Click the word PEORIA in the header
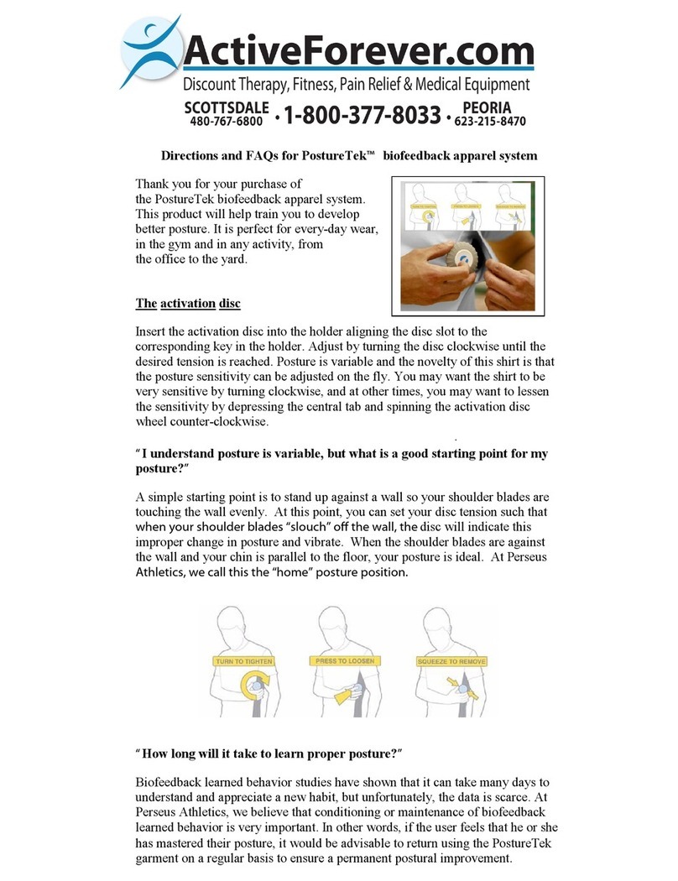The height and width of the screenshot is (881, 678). [x=492, y=108]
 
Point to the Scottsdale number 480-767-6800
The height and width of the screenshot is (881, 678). [x=226, y=122]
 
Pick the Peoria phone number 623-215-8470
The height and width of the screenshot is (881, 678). [x=490, y=122]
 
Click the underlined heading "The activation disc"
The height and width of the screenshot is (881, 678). [x=188, y=304]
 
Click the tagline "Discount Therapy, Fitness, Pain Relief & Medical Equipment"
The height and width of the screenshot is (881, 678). [x=357, y=84]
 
